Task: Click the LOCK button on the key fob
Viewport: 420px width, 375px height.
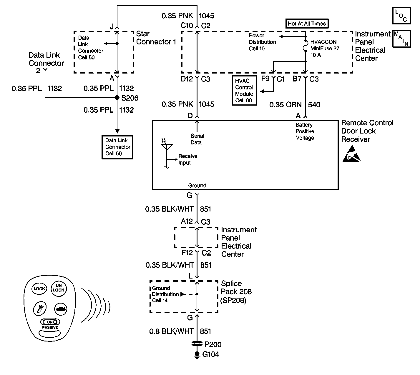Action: pyautogui.click(x=39, y=289)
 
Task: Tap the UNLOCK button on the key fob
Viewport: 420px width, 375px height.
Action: pyautogui.click(x=58, y=288)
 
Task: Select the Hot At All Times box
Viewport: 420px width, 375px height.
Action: pyautogui.click(x=307, y=24)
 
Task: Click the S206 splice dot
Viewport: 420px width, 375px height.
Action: pyautogui.click(x=117, y=98)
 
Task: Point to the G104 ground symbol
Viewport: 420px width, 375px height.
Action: pyautogui.click(x=197, y=355)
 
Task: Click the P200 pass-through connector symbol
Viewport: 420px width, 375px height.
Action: pyautogui.click(x=197, y=344)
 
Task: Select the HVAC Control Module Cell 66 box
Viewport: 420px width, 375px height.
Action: pyautogui.click(x=244, y=91)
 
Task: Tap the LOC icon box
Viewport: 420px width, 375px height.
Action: pyautogui.click(x=401, y=16)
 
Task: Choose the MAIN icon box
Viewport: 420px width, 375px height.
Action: pyautogui.click(x=401, y=39)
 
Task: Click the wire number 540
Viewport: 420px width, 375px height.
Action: pyautogui.click(x=314, y=105)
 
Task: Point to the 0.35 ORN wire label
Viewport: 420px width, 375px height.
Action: pyautogui.click(x=285, y=105)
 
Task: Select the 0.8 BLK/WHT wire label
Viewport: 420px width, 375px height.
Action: pyautogui.click(x=171, y=331)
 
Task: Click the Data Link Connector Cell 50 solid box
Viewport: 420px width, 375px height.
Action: pyautogui.click(x=117, y=147)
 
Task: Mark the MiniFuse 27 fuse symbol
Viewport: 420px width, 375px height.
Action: pyautogui.click(x=306, y=49)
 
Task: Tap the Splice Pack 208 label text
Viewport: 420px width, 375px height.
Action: pyautogui.click(x=236, y=292)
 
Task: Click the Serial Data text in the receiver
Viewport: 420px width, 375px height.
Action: pyautogui.click(x=197, y=139)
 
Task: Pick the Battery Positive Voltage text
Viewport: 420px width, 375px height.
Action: pyautogui.click(x=305, y=131)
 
